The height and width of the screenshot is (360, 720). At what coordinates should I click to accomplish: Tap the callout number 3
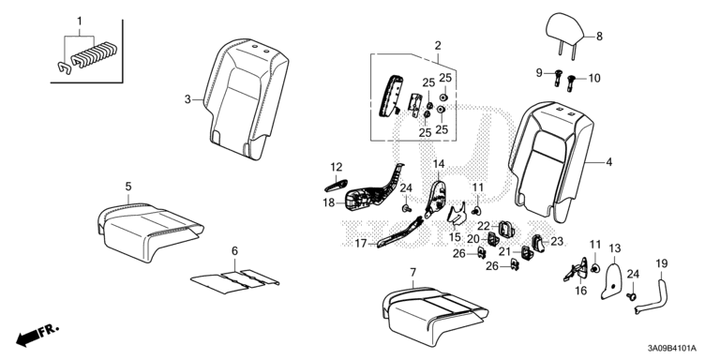(x=187, y=99)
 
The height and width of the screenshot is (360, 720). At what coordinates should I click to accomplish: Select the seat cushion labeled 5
(x=147, y=228)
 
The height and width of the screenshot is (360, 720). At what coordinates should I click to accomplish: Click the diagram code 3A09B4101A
(x=672, y=349)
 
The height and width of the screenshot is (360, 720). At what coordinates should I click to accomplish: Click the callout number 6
(x=234, y=251)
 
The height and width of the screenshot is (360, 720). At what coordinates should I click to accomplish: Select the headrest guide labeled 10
(x=572, y=82)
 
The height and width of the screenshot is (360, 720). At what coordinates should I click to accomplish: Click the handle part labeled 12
(x=337, y=185)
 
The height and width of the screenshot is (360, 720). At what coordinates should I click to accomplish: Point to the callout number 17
(x=361, y=244)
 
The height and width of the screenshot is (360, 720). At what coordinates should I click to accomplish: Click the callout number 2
(x=438, y=45)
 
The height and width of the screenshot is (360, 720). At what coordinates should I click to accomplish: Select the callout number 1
(x=80, y=22)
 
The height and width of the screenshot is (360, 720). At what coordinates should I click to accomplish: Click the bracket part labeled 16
(x=577, y=270)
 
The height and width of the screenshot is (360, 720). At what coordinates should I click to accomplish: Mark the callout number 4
(x=608, y=161)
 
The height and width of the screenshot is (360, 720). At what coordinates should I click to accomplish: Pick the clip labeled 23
(x=538, y=242)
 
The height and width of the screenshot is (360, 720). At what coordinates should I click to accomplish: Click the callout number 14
(x=439, y=163)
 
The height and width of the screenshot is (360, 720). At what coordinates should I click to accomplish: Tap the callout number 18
(x=329, y=202)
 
